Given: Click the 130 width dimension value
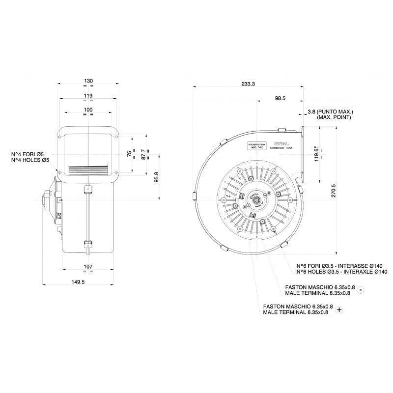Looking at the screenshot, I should [89, 81].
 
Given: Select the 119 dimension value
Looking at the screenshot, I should [88, 95].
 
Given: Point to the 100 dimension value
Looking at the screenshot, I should [88, 109].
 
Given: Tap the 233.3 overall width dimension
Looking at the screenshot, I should [249, 84].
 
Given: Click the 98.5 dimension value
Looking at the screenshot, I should [280, 99].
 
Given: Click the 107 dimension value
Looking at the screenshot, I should [89, 267].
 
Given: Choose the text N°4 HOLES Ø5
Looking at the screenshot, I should [30, 160].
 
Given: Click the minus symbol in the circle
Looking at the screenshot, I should [361, 290].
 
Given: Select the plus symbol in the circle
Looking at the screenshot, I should [339, 309].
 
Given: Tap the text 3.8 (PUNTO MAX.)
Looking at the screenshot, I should [330, 112].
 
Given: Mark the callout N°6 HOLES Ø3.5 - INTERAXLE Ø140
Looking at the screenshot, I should [342, 272].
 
